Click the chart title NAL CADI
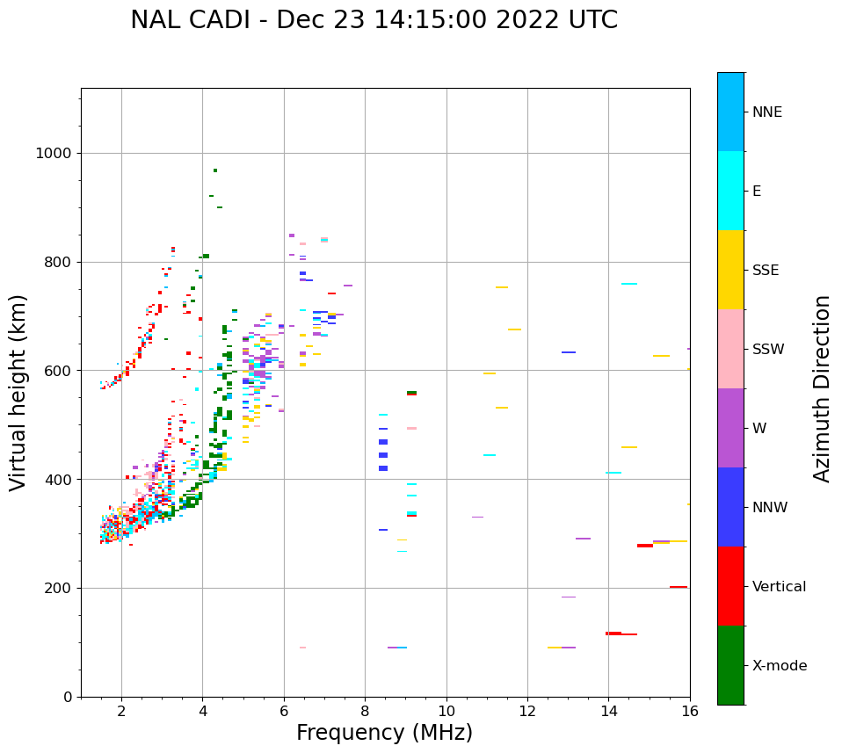[x=374, y=20]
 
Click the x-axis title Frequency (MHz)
[x=384, y=733]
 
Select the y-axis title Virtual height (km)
[x=18, y=392]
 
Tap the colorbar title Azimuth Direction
[x=822, y=388]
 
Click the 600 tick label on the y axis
[x=58, y=371]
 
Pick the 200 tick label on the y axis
[x=58, y=588]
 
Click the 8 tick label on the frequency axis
[x=365, y=711]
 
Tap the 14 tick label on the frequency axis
[x=608, y=711]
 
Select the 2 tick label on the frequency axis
[x=121, y=711]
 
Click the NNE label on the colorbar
[x=767, y=112]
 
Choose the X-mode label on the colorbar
[x=780, y=666]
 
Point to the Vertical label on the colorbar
[x=779, y=587]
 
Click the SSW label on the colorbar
[x=768, y=350]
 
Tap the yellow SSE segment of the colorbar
[x=730, y=270]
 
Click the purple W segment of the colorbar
[x=730, y=428]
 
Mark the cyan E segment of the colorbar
[x=730, y=191]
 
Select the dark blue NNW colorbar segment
[x=730, y=507]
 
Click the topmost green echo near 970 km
[x=215, y=170]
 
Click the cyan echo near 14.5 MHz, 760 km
[x=629, y=284]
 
